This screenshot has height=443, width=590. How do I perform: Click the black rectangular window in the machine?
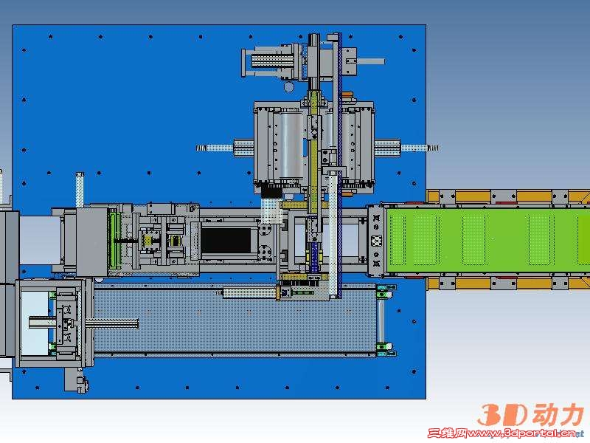tap(226, 241)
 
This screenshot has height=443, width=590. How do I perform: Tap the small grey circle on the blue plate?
tap(288, 87)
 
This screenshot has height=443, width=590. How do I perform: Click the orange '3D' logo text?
tap(503, 415)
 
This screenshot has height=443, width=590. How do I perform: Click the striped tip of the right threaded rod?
tap(433, 148)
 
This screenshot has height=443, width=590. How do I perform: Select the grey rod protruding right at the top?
tap(371, 61)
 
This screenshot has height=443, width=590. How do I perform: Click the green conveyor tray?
tap(487, 241)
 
